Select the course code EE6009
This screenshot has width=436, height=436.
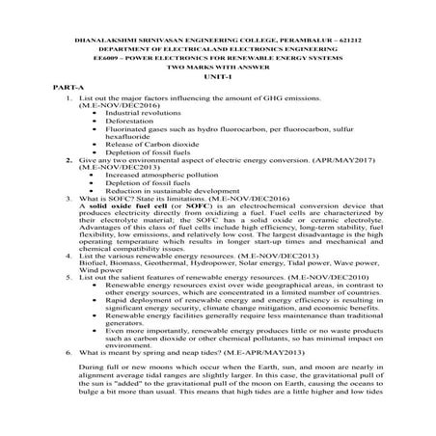tap(98, 57)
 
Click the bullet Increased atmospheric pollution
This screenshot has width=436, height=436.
tap(150, 174)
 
